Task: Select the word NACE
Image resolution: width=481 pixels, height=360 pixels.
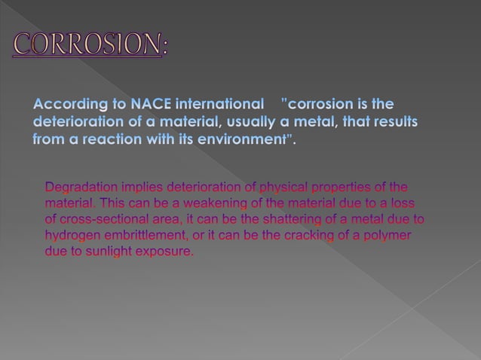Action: point(153,103)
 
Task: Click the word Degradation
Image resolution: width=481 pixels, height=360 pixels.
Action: point(82,187)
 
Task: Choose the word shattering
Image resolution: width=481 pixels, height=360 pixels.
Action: point(295,220)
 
